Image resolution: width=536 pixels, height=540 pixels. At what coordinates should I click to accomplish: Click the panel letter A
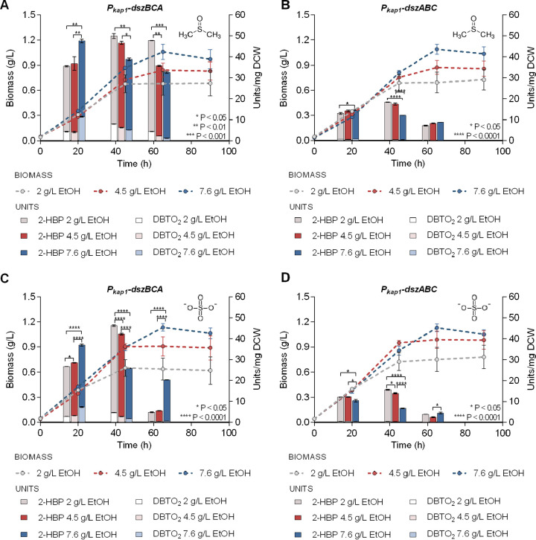[x=6, y=7]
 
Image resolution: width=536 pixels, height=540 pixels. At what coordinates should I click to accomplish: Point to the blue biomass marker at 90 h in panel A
[x=211, y=60]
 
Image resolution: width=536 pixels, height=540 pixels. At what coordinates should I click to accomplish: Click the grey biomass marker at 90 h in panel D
[x=484, y=357]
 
